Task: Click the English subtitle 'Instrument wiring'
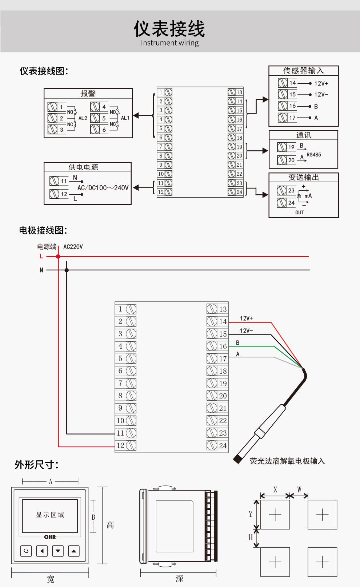coord(169,43)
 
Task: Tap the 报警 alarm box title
coord(88,94)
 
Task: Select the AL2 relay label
coord(83,118)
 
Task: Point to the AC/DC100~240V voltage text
coord(103,188)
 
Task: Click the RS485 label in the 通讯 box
coord(313,155)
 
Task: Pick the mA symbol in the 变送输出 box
coord(308,196)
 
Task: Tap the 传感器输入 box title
coord(303,71)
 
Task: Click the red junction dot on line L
coord(58,257)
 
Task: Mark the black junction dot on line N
coord(67,270)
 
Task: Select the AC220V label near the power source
coord(73,247)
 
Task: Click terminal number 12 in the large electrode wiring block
coord(120,445)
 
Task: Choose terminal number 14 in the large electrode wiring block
coord(223,322)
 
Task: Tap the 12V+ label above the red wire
coord(246,318)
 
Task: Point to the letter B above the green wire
coord(238,343)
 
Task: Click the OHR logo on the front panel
coord(50,537)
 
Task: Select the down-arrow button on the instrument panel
coord(58,551)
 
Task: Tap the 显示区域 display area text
coord(50,515)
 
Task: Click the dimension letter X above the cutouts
coord(275,490)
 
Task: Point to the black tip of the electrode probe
coord(238,459)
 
